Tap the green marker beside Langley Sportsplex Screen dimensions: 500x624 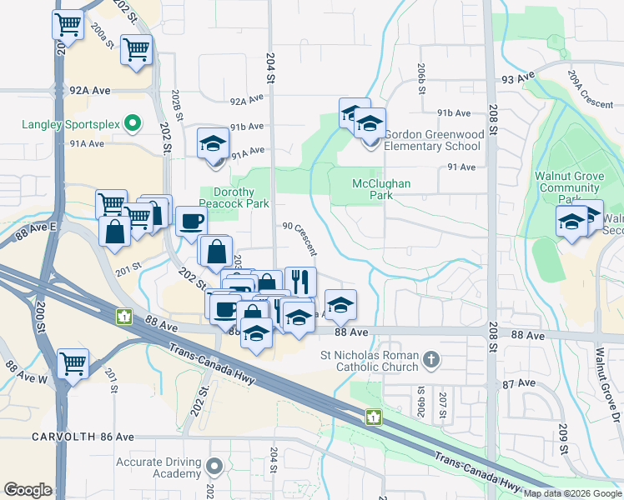pyautogui.click(x=132, y=124)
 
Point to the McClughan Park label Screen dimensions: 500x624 pyautogui.click(x=371, y=189)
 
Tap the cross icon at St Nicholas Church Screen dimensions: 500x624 pyautogui.click(x=430, y=360)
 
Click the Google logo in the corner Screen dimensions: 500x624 pyautogui.click(x=28, y=490)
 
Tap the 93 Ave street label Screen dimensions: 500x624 pyautogui.click(x=517, y=77)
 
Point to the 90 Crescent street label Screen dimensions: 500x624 pyautogui.click(x=299, y=237)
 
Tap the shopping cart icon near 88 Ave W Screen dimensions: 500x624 pyautogui.click(x=73, y=362)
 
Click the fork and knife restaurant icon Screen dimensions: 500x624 pyautogui.click(x=300, y=281)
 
